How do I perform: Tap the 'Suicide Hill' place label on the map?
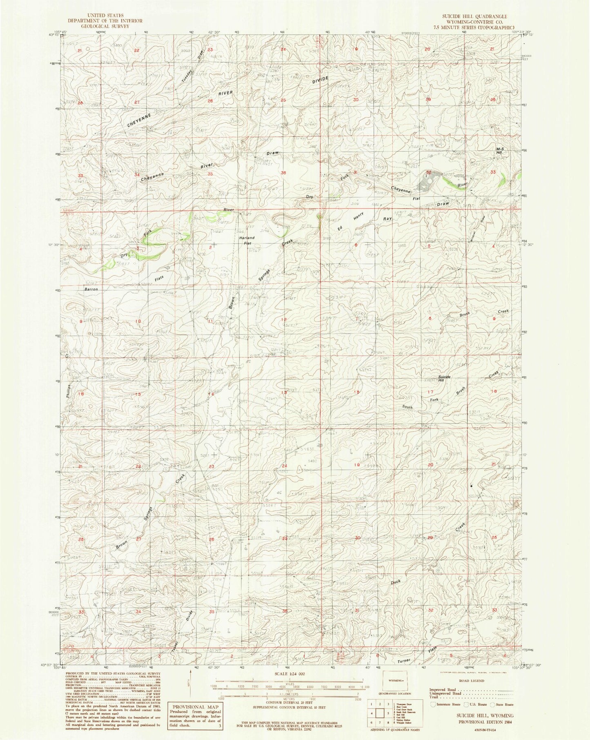[444, 378]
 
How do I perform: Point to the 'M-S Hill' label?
[500, 150]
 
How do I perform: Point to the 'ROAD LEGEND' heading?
[471, 681]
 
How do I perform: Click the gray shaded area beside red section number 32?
[427, 183]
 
